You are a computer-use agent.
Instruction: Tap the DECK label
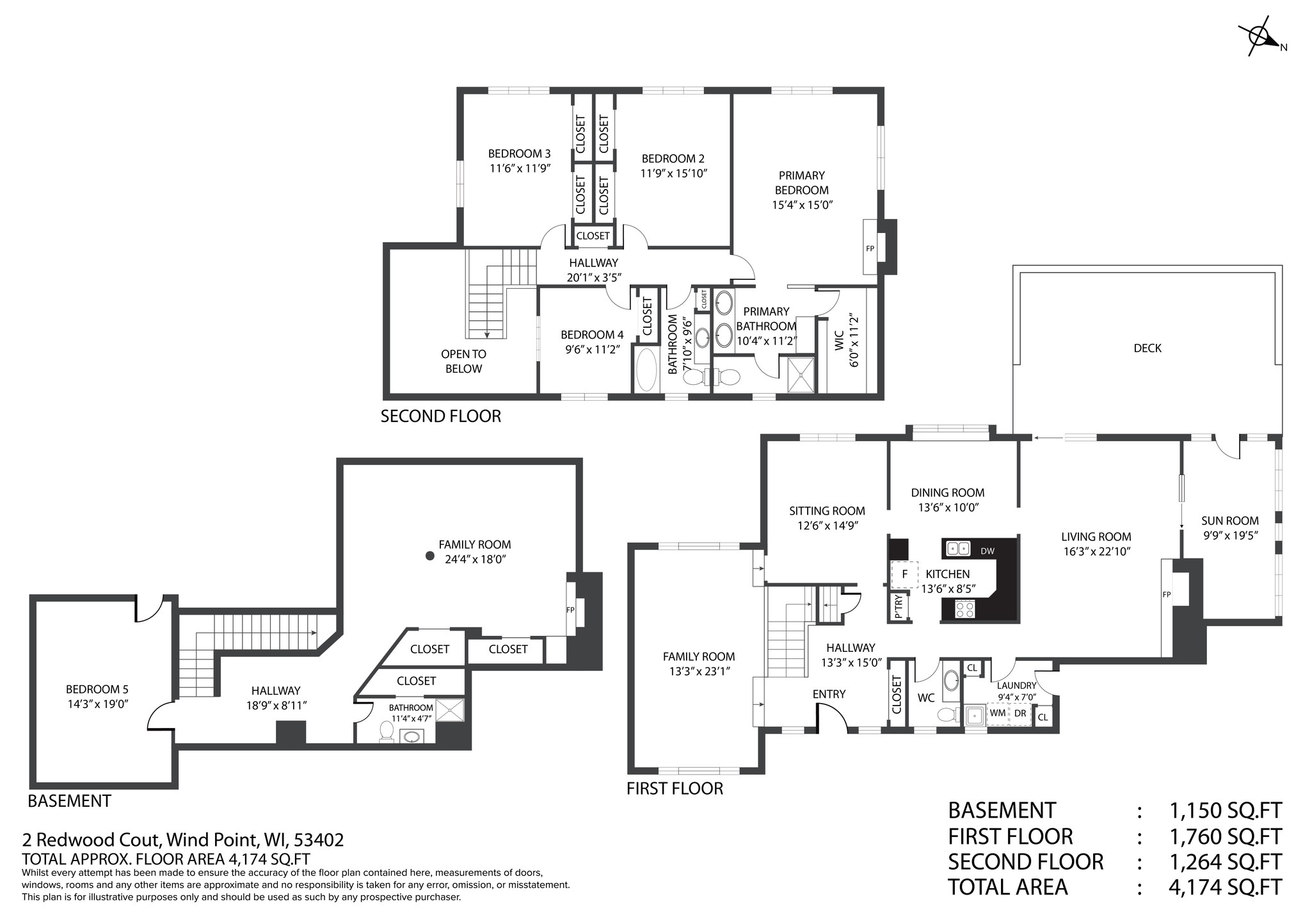1147,348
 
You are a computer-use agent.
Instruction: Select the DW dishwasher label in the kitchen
987,551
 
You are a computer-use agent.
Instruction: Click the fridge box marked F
904,574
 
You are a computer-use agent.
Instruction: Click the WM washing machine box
997,713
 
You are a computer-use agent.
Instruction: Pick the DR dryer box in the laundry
1020,713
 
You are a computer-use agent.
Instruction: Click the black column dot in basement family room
430,556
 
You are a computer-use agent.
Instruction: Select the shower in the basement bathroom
449,711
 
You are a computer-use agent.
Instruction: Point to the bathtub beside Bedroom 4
647,370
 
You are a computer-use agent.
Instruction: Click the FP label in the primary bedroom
870,248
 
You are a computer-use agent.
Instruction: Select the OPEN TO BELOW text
463,361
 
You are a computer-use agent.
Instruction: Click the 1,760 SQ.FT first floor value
1226,836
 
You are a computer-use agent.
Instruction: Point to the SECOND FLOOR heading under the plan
441,416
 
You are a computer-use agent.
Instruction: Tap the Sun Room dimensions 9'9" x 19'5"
1229,535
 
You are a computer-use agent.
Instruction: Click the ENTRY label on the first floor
829,694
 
